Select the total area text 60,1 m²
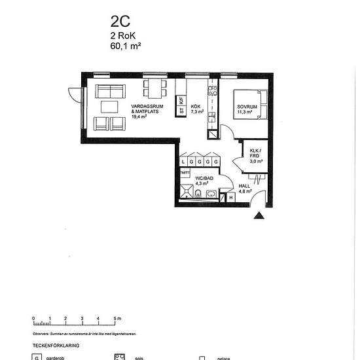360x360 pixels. (126, 46)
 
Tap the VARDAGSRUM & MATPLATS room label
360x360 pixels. (145, 111)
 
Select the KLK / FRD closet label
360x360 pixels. (255, 156)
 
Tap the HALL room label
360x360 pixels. (245, 190)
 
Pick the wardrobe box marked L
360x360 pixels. (185, 161)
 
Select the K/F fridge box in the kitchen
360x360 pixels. (181, 101)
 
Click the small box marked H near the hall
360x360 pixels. (230, 197)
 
